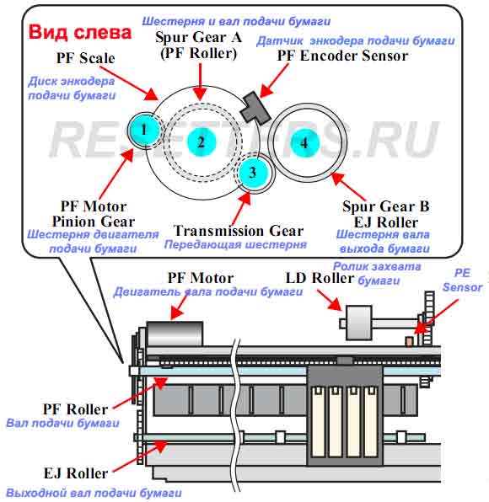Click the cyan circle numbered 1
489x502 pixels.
[144, 130]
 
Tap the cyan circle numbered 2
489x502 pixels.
[202, 142]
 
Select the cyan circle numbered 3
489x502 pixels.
[253, 173]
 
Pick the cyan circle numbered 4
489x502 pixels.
[304, 143]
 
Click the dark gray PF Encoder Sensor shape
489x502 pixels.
[255, 108]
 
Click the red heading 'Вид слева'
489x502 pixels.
[80, 32]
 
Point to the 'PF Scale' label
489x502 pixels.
[85, 58]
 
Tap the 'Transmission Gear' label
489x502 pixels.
[238, 231]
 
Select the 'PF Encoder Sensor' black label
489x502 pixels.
[342, 56]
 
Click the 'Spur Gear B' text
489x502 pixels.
[386, 206]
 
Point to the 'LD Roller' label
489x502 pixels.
[320, 278]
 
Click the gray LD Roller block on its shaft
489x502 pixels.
[358, 323]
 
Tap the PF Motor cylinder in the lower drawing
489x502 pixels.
[175, 334]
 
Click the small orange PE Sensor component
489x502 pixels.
[409, 341]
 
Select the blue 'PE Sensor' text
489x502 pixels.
[462, 280]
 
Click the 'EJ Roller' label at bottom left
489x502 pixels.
[76, 473]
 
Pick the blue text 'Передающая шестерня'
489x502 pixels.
[235, 245]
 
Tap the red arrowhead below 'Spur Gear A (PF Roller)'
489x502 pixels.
[201, 93]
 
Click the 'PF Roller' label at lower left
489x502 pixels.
[76, 409]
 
